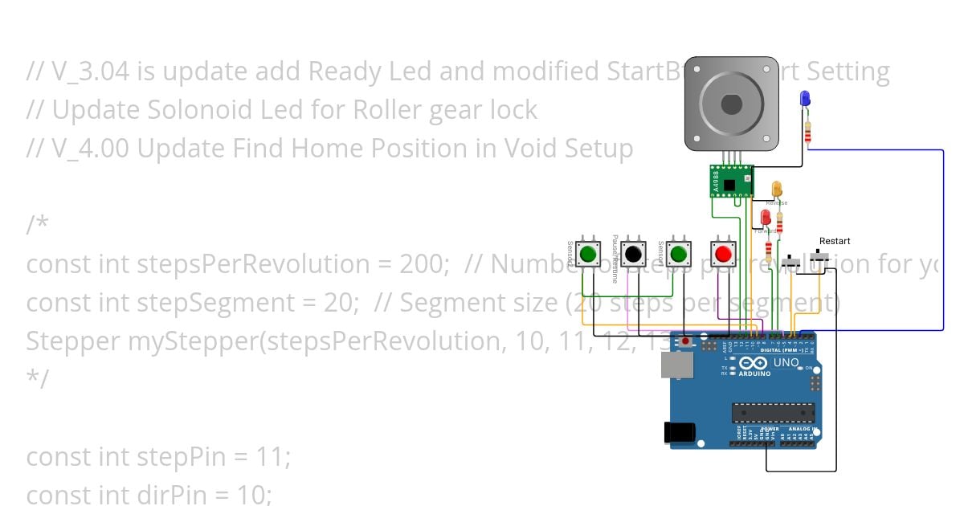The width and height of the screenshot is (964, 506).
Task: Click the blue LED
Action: (805, 99)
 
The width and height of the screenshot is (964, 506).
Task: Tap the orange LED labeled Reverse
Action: (777, 189)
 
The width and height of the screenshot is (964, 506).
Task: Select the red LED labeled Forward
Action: (766, 217)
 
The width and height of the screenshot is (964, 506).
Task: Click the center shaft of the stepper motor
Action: (731, 104)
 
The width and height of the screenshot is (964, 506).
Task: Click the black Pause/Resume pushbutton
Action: (633, 254)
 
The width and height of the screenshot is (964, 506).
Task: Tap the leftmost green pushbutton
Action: (588, 254)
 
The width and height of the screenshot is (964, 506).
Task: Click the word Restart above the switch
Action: (835, 241)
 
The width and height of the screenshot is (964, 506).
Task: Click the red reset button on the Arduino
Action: (684, 341)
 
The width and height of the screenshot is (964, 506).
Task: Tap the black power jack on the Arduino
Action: (680, 432)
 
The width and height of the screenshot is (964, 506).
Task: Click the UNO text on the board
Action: (785, 363)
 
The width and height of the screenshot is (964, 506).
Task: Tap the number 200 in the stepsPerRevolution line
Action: (423, 264)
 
